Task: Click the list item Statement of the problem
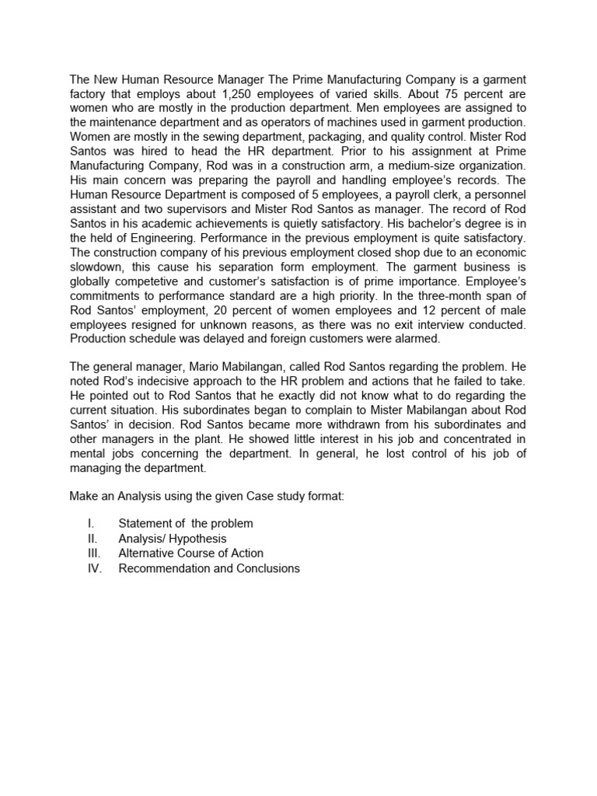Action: pyautogui.click(x=185, y=524)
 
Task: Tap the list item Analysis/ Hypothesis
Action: pyautogui.click(x=172, y=539)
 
